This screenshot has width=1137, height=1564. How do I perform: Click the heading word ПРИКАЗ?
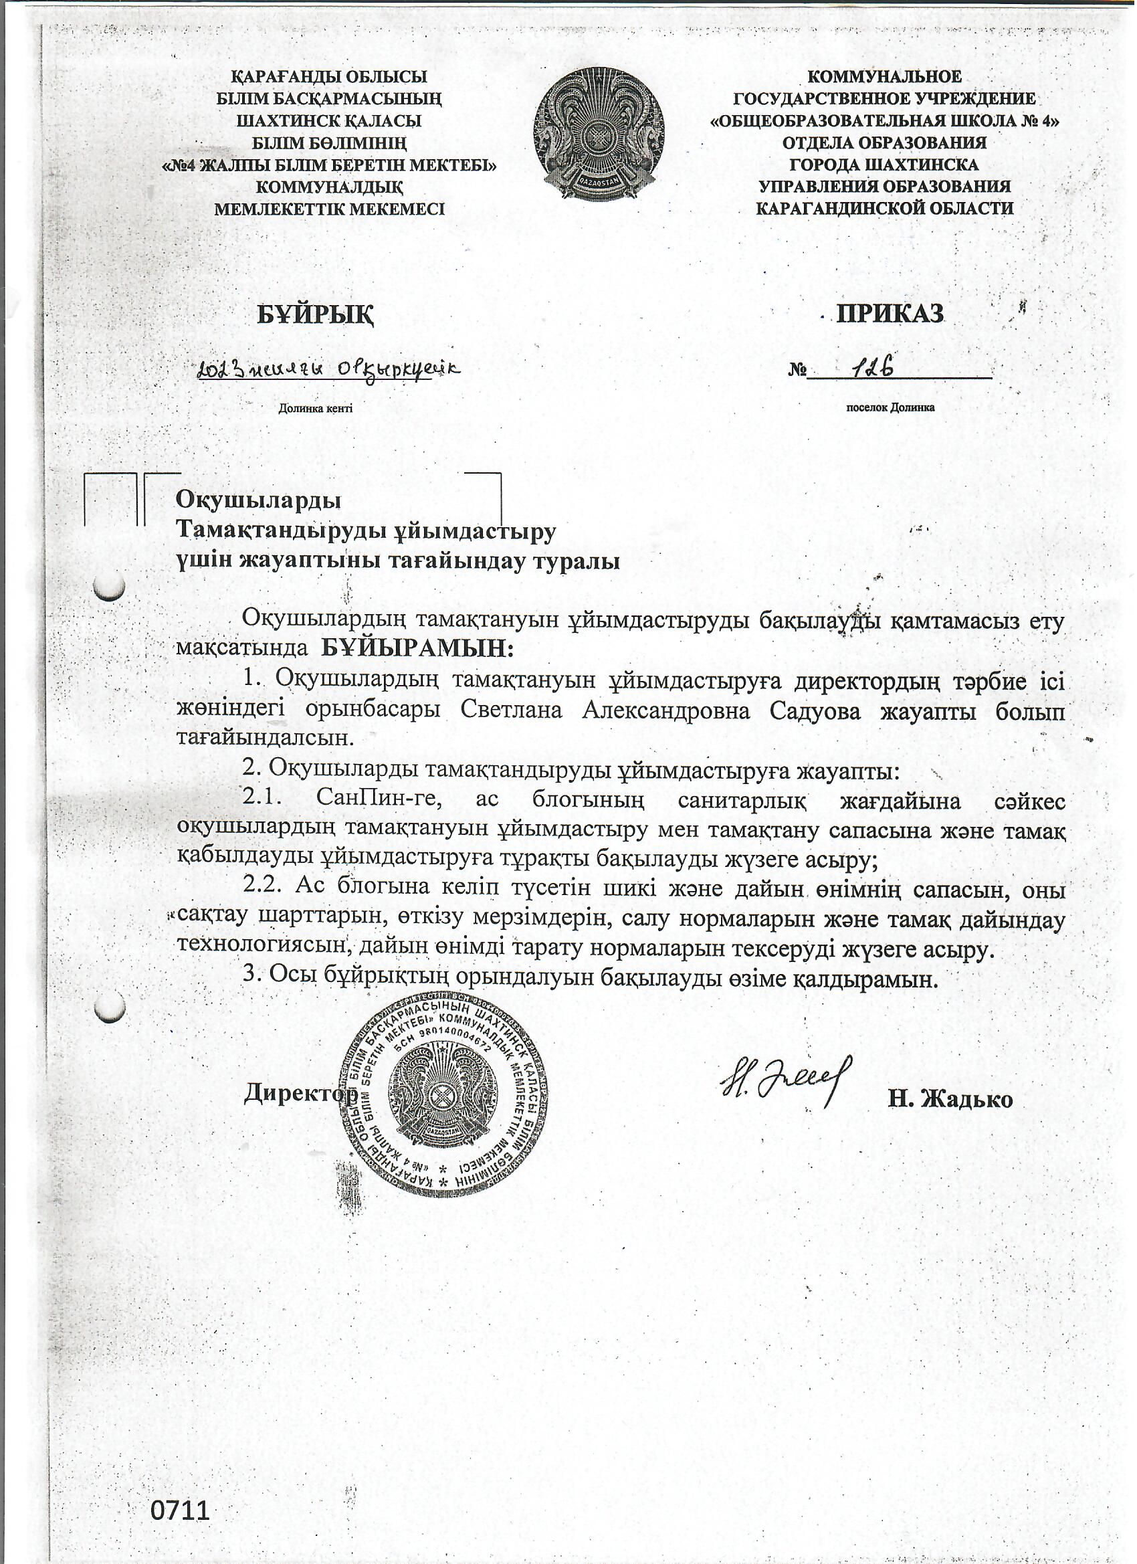890,314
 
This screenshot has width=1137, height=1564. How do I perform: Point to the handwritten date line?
328,371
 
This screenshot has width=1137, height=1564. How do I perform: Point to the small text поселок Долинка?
890,407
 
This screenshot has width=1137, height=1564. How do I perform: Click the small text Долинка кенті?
315,408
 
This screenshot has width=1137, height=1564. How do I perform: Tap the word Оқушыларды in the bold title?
259,498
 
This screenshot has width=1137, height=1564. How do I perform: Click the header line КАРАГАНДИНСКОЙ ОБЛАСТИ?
885,208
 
